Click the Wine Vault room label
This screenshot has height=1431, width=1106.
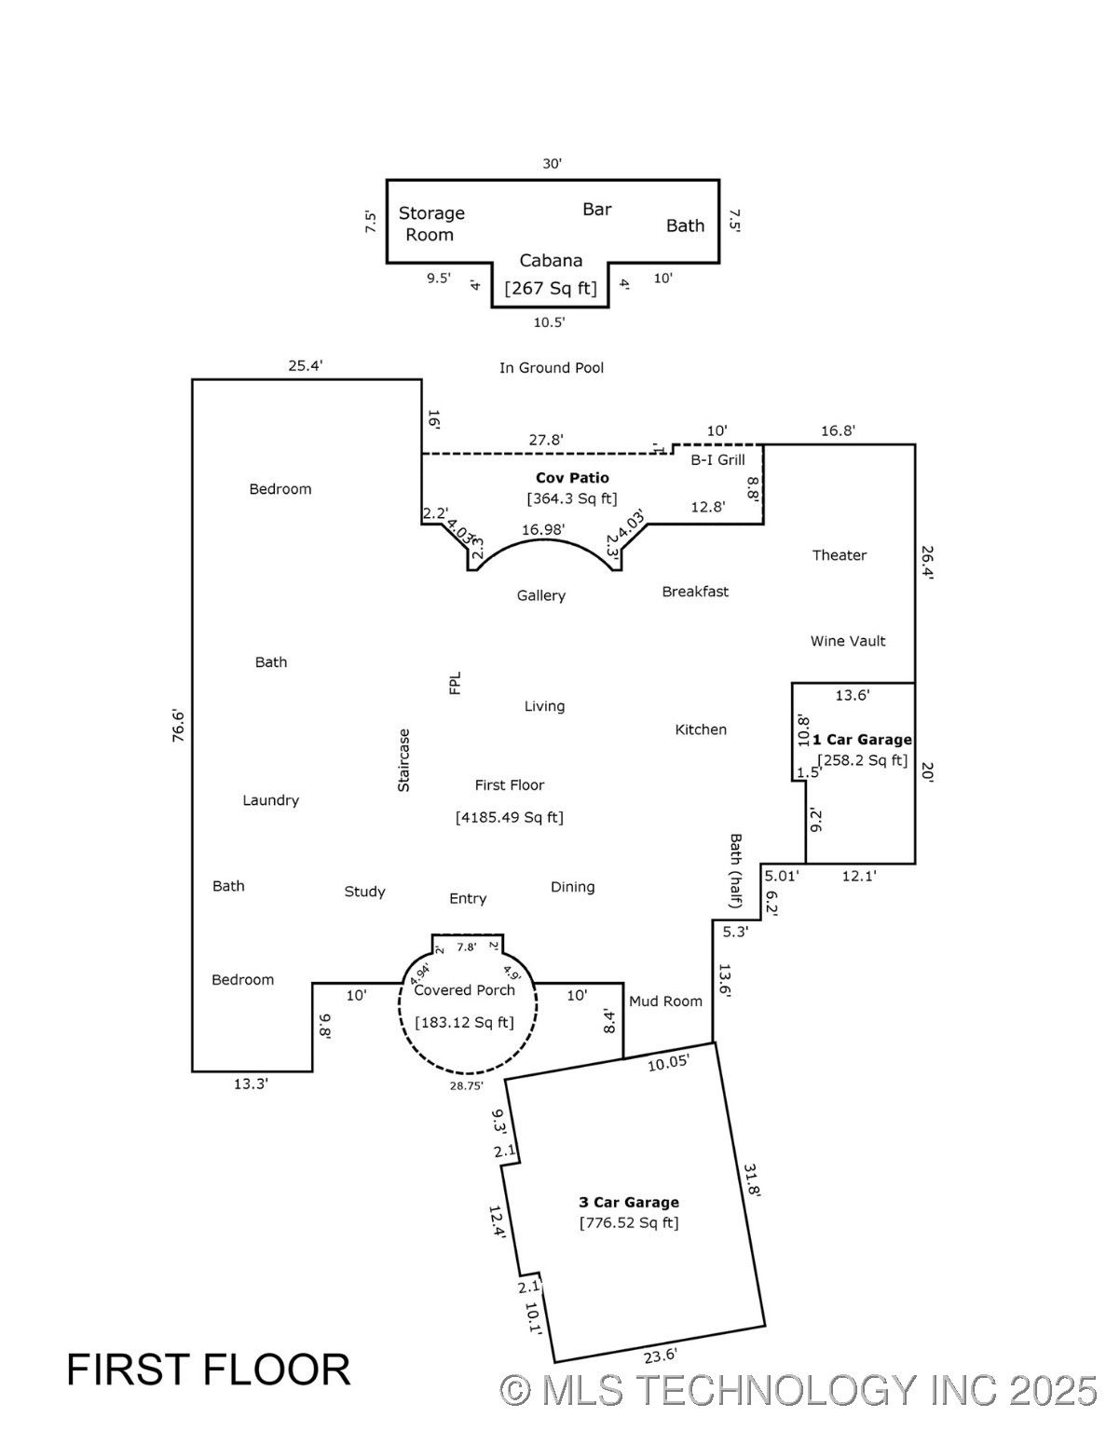[x=848, y=641]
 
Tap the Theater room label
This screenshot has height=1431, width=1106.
[x=840, y=555]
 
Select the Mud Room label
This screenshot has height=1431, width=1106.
[x=665, y=1001]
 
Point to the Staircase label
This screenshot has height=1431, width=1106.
[x=403, y=760]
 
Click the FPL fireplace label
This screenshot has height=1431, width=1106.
[x=455, y=683]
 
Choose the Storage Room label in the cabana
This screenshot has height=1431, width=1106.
[x=431, y=224]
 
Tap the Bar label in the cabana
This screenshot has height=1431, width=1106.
[x=597, y=210]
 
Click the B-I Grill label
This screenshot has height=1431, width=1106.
[x=717, y=459]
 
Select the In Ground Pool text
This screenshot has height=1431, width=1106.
[x=552, y=367]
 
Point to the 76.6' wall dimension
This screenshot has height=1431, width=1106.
[x=178, y=725]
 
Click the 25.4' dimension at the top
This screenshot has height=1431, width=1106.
[x=306, y=365]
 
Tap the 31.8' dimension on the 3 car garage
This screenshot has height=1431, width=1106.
[x=753, y=1180]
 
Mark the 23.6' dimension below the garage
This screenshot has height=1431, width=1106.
[x=661, y=1356]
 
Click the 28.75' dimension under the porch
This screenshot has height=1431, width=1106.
[x=467, y=1086]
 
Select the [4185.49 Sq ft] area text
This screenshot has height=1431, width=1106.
[x=510, y=817]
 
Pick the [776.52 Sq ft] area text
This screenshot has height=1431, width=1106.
[x=629, y=1223]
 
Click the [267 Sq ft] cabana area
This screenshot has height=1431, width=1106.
[x=551, y=289]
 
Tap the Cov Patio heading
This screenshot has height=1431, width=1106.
[x=572, y=477]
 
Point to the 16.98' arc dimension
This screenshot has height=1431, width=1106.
[x=543, y=529]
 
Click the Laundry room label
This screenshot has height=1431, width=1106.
[x=270, y=800]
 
